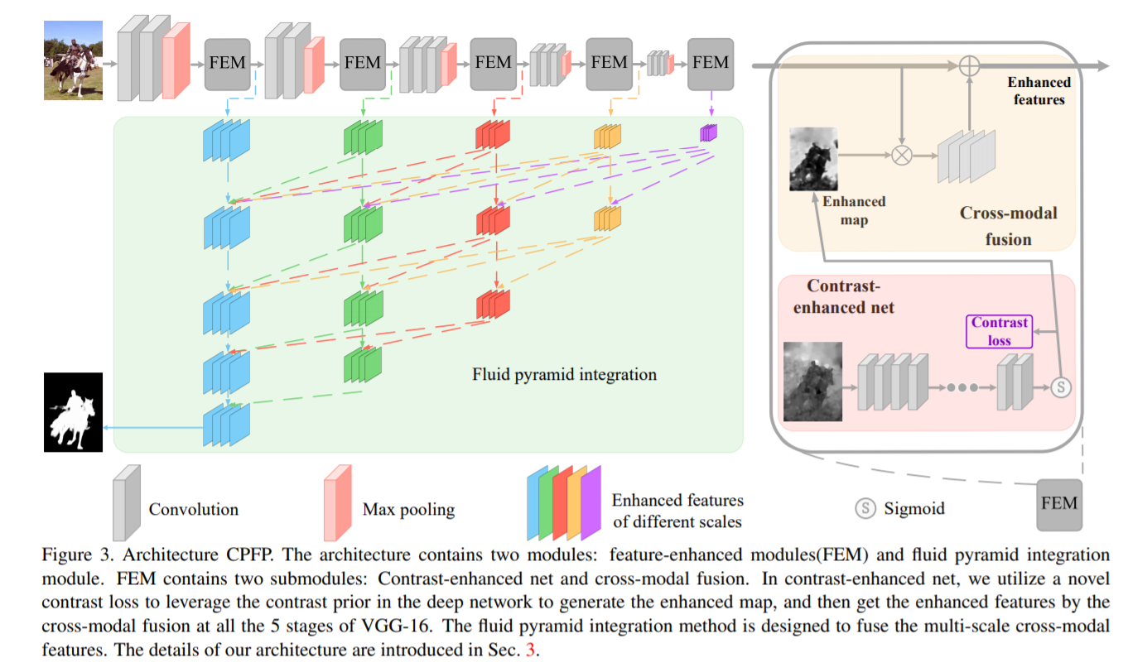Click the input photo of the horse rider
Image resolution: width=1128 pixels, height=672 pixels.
73,60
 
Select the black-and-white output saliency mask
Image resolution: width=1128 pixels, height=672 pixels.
73,412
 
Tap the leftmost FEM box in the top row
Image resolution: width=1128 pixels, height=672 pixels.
227,63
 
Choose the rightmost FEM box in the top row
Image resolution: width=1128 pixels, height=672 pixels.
711,63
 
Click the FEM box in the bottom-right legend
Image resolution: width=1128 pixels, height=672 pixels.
1058,503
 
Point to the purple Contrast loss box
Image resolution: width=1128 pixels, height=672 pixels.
1000,331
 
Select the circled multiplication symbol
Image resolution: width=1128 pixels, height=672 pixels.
901,155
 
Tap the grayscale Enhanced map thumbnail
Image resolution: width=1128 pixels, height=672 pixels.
813,159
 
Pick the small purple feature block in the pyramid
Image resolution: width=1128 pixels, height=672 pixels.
709,132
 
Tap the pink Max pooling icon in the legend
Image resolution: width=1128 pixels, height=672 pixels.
339,502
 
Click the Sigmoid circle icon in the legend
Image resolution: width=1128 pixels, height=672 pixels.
865,509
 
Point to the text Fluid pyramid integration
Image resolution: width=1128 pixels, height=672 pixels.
564,375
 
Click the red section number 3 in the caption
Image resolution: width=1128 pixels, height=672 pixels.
531,650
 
